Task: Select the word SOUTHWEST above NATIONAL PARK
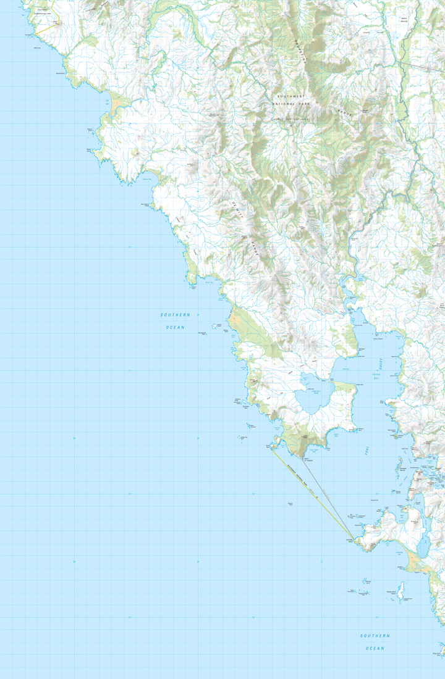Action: [x=290, y=97]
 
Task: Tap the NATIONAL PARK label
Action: [x=290, y=104]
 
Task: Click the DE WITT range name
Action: [x=235, y=209]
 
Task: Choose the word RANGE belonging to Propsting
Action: [x=344, y=111]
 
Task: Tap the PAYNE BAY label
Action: [x=376, y=375]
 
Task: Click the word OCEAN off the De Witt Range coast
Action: [x=175, y=327]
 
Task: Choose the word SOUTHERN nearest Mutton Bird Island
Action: [x=375, y=636]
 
